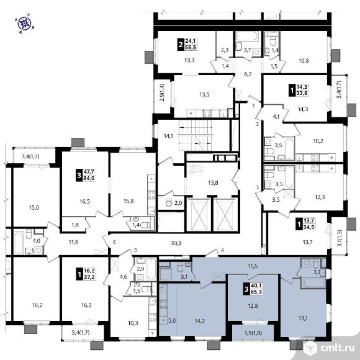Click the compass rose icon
[25, 24]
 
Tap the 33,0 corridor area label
[176, 243]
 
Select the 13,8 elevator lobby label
[213, 182]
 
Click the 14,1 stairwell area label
[168, 136]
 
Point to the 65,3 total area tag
[256, 292]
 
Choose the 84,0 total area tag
[89, 178]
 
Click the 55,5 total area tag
[191, 47]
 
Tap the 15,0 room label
[34, 207]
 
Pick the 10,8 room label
[304, 61]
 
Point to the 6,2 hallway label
[248, 74]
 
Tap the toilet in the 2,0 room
[169, 202]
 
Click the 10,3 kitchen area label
[133, 323]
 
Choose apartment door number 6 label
[114, 242]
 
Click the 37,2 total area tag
[89, 277]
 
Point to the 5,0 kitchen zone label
[172, 320]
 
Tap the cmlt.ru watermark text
[338, 348]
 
